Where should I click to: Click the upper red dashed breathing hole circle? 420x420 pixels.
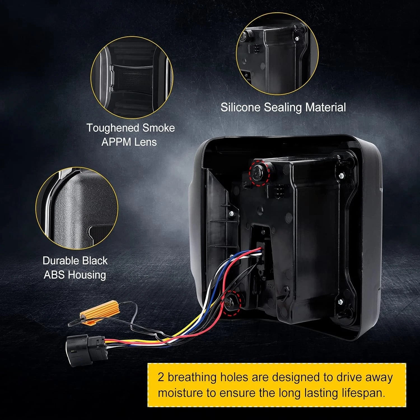click(x=259, y=172)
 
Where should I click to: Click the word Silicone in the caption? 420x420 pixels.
click(x=241, y=107)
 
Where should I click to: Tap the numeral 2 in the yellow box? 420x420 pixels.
click(x=161, y=377)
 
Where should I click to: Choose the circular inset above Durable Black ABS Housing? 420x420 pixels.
click(x=77, y=209)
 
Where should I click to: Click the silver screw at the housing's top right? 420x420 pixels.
click(x=341, y=176)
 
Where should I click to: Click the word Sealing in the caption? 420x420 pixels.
click(x=283, y=108)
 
